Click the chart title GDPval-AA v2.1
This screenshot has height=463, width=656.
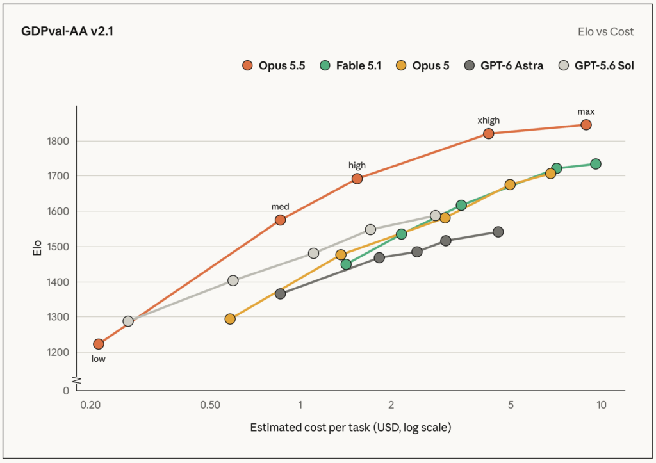coord(67,31)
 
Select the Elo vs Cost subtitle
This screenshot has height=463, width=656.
coord(605,32)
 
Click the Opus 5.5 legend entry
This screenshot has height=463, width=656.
coord(274,66)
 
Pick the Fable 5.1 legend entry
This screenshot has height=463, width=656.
coord(350,66)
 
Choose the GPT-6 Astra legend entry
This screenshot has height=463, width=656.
coord(504,66)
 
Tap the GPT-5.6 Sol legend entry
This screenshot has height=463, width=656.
coord(596,66)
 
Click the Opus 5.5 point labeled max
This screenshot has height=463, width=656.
coord(586,125)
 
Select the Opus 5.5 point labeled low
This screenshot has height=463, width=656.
coord(98,344)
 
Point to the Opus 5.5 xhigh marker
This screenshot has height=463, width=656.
coord(488,133)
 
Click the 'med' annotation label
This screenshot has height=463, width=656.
coord(280,207)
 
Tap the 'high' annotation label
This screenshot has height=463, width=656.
coord(357,165)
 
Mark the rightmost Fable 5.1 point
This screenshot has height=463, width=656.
coord(596,164)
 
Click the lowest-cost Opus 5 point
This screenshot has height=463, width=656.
coord(230,319)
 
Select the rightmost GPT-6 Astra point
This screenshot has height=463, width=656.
coord(498,232)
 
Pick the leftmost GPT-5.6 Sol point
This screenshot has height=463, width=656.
coord(128,321)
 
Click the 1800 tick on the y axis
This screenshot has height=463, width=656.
coord(58,141)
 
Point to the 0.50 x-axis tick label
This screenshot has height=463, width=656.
coord(210,405)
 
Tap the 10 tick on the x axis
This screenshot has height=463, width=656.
coord(601,405)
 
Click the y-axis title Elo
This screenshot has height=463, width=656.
coord(37,248)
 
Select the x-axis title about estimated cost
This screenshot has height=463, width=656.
coord(350,427)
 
